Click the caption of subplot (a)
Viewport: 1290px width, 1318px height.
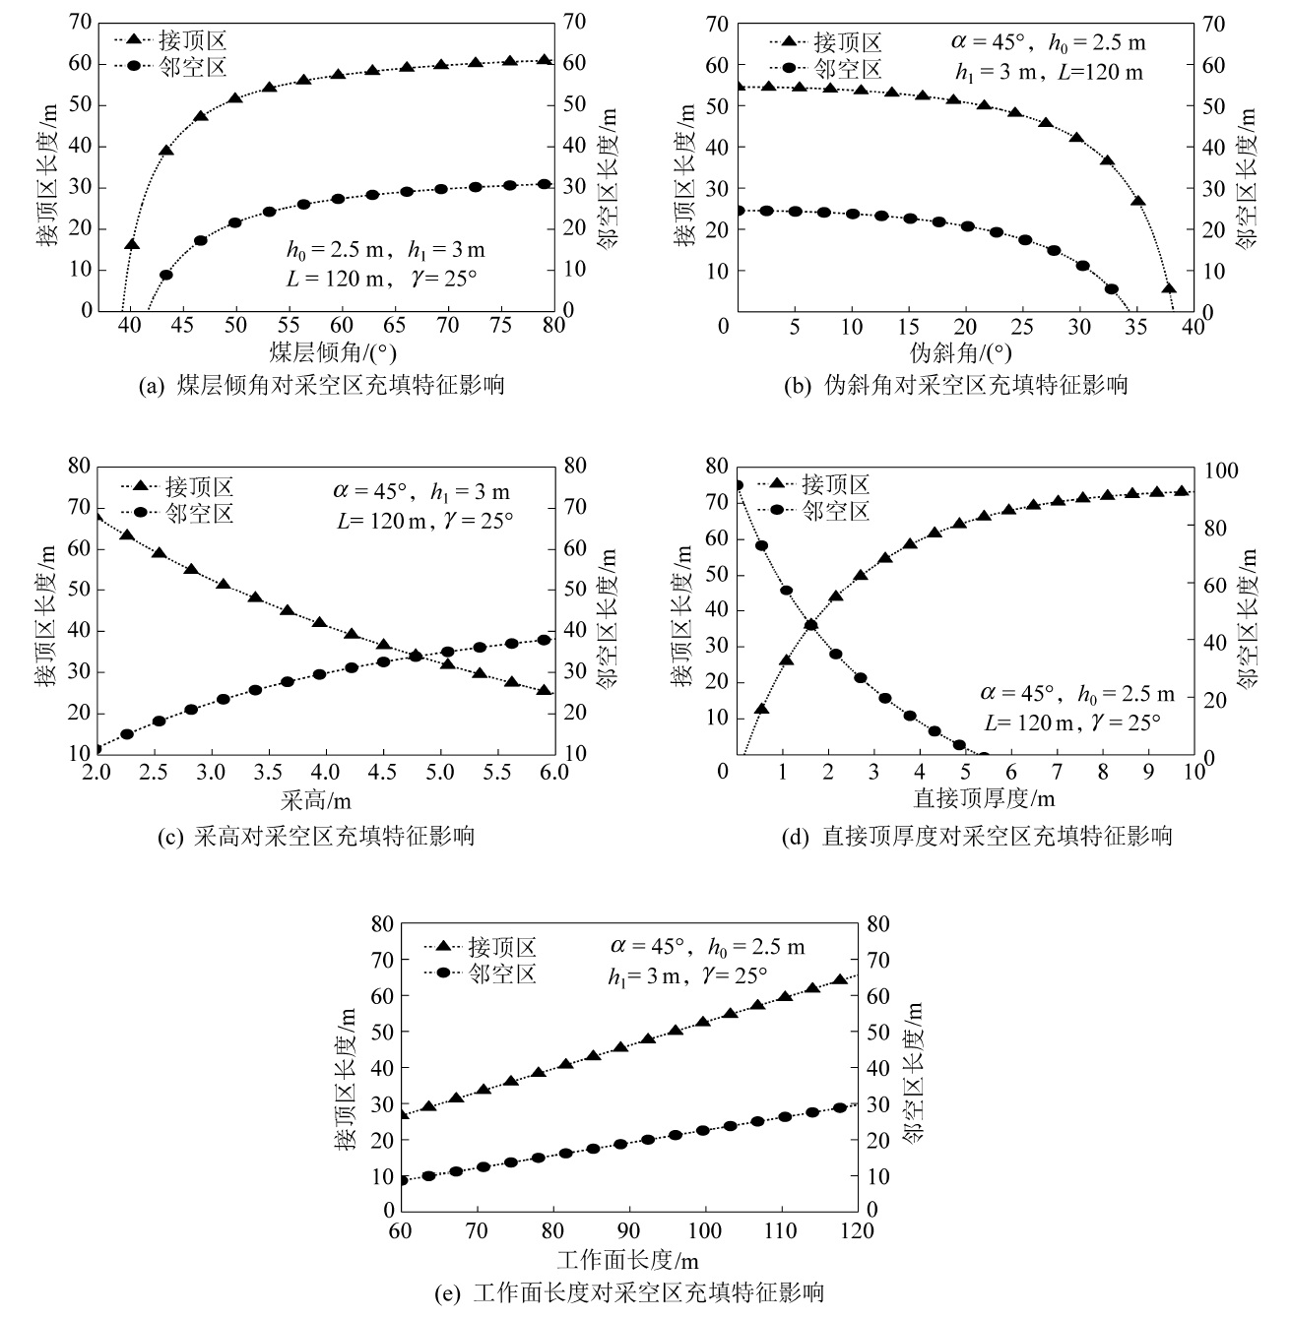(321, 386)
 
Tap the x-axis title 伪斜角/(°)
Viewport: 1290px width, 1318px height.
(961, 352)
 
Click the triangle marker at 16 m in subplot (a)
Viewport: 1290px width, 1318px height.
(132, 244)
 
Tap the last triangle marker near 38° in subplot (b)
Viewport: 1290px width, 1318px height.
(1169, 288)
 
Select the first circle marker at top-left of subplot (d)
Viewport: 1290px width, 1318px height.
(738, 484)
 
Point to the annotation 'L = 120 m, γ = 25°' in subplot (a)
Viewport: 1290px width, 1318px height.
(381, 278)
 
